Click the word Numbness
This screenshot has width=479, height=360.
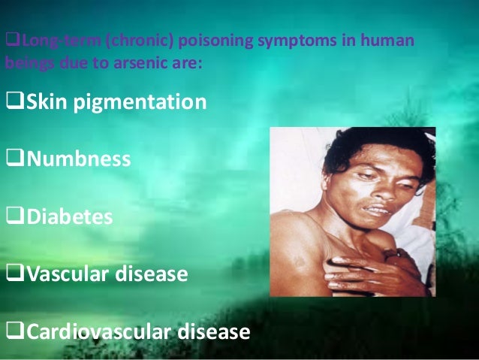click(x=80, y=159)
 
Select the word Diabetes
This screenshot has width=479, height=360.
click(x=71, y=217)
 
